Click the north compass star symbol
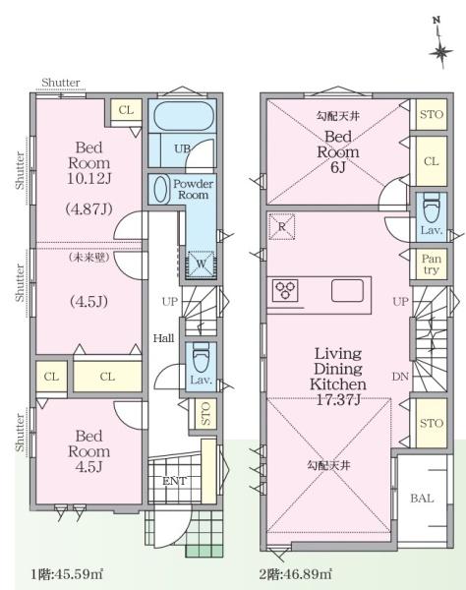[440, 53]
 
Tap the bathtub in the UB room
[182, 115]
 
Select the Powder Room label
[193, 189]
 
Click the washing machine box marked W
[202, 264]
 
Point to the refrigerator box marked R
[282, 226]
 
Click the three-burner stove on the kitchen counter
[285, 290]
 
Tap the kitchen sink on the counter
[347, 291]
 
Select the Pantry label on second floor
[431, 265]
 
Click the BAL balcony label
[422, 499]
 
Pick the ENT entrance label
[175, 481]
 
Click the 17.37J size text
[338, 399]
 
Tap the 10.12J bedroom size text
[89, 178]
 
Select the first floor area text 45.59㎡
[66, 574]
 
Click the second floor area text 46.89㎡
[296, 574]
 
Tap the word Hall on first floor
[163, 338]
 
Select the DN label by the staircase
[400, 376]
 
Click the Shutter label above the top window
[61, 83]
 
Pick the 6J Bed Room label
[338, 151]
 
